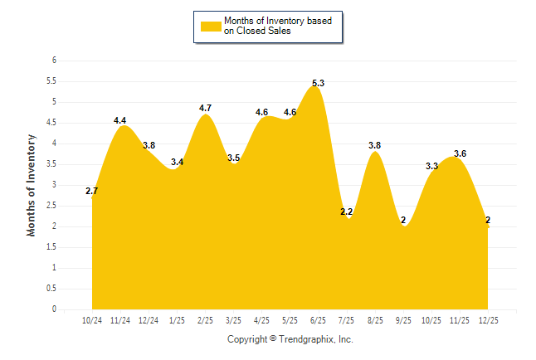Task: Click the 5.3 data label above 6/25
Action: pos(318,83)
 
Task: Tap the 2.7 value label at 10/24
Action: pos(92,192)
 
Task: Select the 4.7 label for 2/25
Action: pos(206,108)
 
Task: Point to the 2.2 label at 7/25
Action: pos(347,212)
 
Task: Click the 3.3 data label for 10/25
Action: pos(431,166)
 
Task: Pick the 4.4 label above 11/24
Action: pos(120,121)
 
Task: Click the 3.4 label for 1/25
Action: pos(177,163)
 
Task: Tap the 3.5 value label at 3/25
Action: pos(233,158)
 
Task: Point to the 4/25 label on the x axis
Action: pos(261,320)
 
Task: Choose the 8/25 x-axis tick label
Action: pos(375,320)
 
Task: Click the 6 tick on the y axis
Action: pos(54,61)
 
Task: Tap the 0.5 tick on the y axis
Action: pos(51,289)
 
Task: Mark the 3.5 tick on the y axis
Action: pos(51,164)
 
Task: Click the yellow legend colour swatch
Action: pos(210,26)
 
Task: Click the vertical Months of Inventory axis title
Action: pos(32,185)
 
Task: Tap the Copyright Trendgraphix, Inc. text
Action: pos(290,339)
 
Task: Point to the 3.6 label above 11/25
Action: pos(460,153)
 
